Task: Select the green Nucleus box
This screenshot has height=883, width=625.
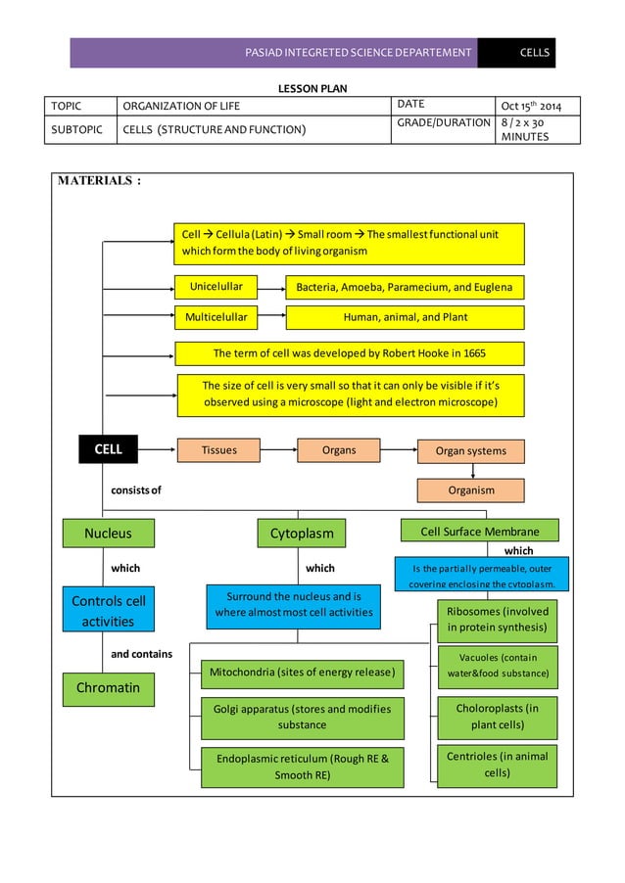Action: [x=108, y=534]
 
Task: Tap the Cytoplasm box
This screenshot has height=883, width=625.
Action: [x=302, y=534]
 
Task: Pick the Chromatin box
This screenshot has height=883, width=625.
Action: [x=108, y=687]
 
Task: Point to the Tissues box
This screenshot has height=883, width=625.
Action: [x=217, y=450]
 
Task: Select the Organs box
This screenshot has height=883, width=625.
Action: [x=338, y=450]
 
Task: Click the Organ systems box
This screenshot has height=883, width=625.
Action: [x=471, y=451]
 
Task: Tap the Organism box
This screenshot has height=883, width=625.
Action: [x=471, y=490]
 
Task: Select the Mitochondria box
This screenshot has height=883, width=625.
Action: [x=302, y=673]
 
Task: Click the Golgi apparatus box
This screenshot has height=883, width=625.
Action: [x=302, y=718]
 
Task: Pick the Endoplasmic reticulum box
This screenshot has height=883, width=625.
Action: [x=302, y=767]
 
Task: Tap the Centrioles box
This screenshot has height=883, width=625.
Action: [x=497, y=766]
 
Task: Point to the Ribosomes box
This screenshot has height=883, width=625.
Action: [x=497, y=620]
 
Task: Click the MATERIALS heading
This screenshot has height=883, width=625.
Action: [x=99, y=181]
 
